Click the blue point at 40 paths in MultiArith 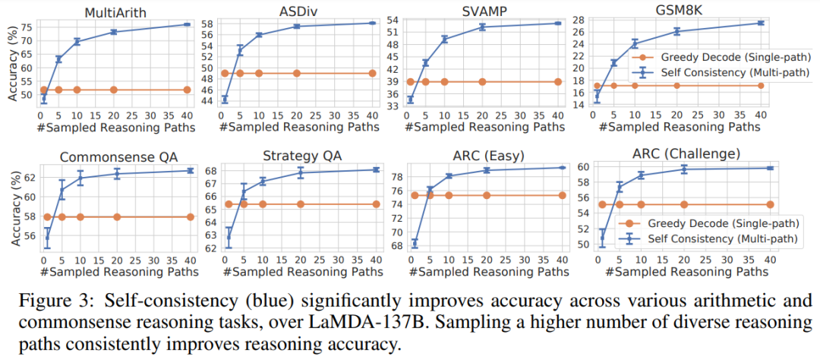[187, 24]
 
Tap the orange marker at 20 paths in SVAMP [482, 81]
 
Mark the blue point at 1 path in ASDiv [225, 99]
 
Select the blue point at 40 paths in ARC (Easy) [562, 167]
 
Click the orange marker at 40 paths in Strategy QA [376, 204]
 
